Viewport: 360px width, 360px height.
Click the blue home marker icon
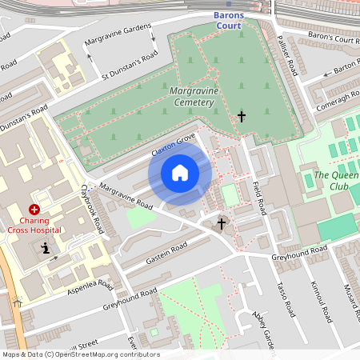(x=180, y=173)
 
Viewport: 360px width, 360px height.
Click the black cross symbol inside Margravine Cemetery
(x=241, y=117)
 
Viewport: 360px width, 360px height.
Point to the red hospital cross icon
(x=34, y=208)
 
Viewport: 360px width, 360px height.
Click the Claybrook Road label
(x=93, y=210)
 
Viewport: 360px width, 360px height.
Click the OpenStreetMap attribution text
(x=80, y=354)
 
